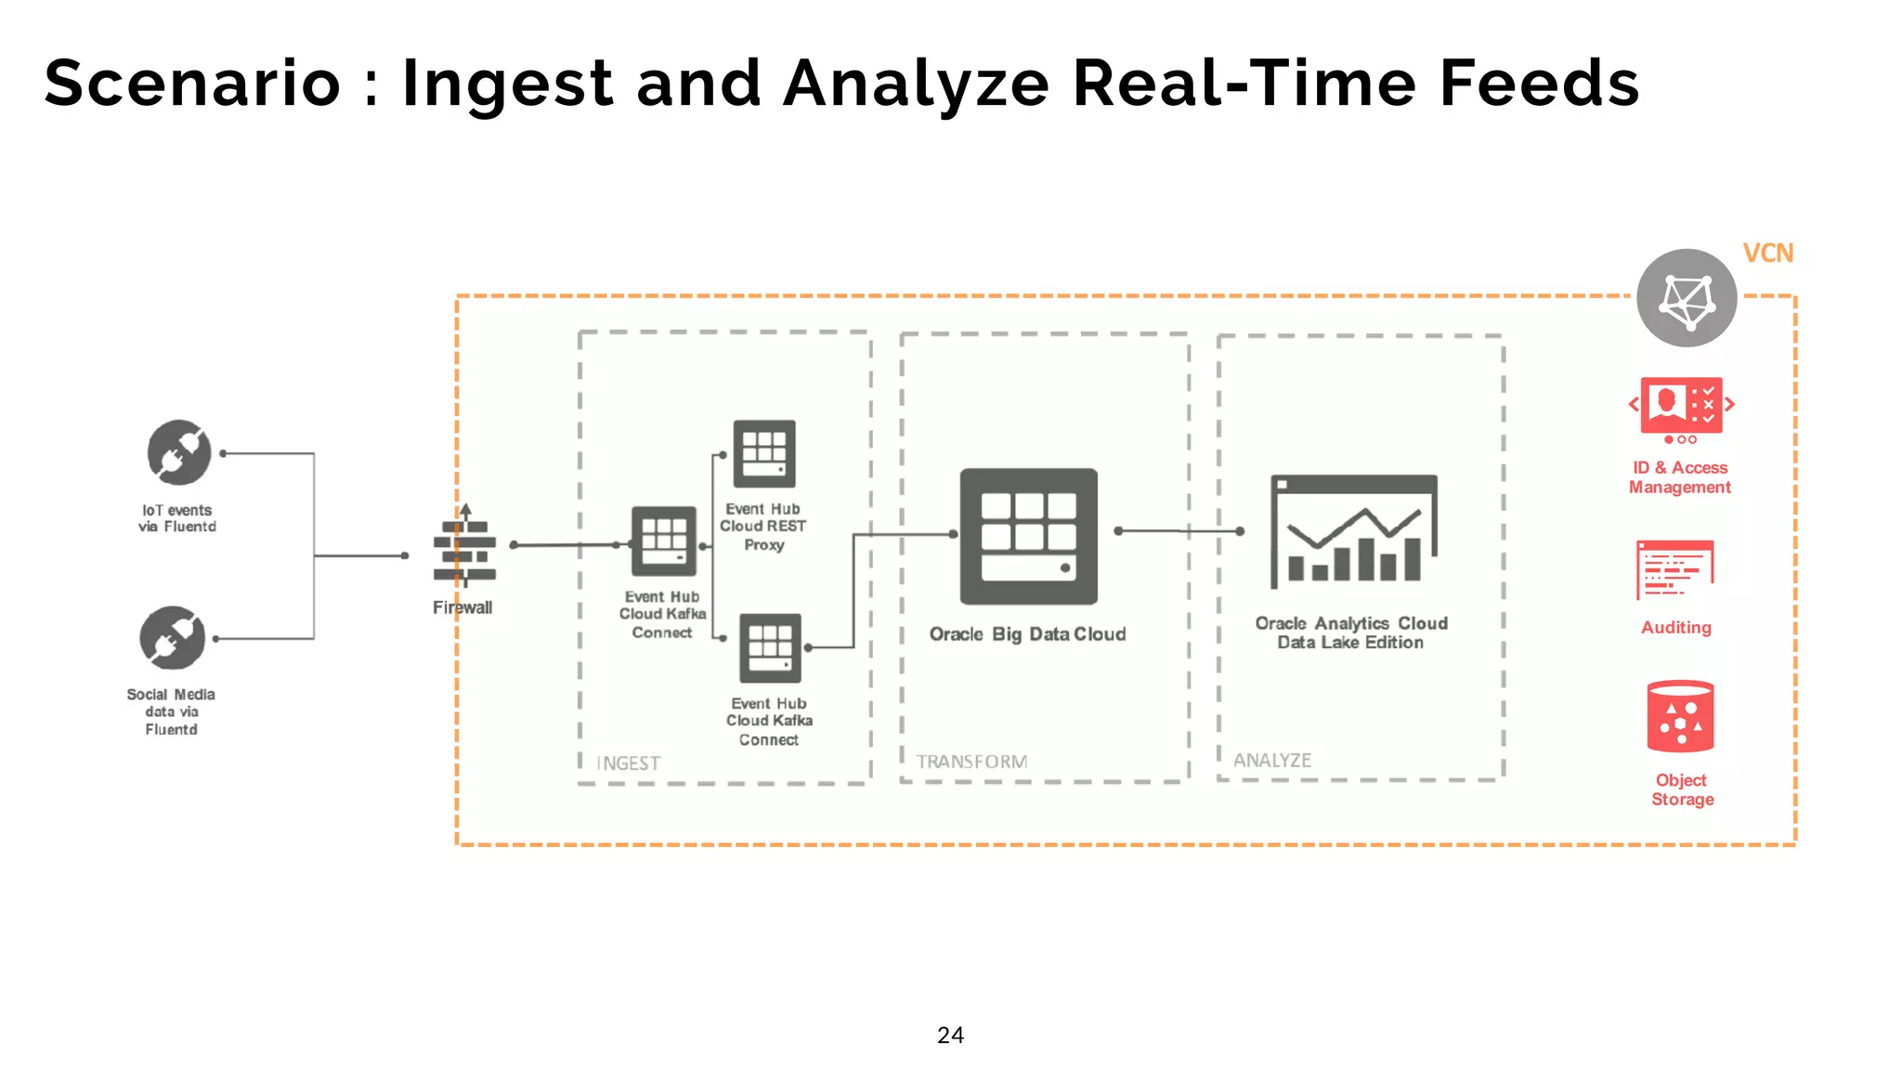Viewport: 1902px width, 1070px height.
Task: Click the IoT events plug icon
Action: click(179, 452)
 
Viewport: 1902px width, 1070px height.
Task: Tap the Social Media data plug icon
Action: click(173, 637)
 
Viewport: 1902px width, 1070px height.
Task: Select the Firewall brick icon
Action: click(464, 549)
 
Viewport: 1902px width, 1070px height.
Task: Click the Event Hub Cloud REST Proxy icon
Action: click(764, 454)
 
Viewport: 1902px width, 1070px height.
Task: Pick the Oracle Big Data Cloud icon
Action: click(1028, 536)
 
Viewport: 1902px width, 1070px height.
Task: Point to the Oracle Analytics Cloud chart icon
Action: click(1353, 530)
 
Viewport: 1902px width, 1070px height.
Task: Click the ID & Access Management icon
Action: click(1681, 408)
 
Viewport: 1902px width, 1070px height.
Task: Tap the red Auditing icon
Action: click(1675, 569)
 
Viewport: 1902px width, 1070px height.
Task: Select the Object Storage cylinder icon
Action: click(1680, 716)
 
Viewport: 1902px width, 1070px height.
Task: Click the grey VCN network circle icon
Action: click(1687, 298)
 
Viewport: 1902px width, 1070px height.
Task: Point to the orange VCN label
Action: click(1768, 254)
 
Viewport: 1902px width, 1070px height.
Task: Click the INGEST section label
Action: click(629, 763)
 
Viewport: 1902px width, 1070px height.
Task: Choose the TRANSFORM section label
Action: click(971, 762)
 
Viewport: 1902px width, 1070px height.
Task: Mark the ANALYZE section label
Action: click(1272, 760)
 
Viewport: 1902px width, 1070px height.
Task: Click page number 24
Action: click(950, 1035)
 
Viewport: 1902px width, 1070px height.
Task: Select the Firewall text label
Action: click(462, 607)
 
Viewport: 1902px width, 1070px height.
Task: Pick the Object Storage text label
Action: click(1682, 789)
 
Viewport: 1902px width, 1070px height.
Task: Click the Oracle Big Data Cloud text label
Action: click(1027, 634)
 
